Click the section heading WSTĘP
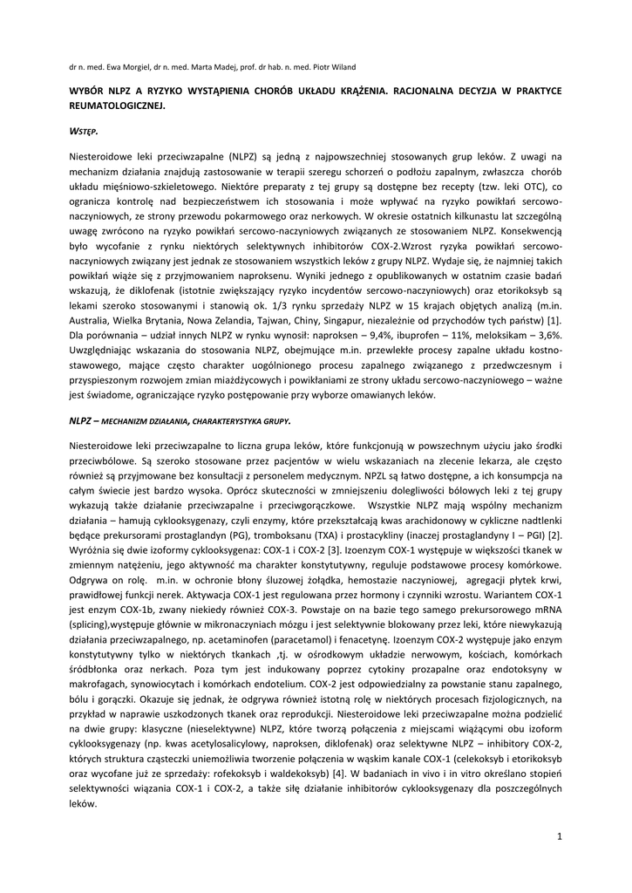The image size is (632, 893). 84,131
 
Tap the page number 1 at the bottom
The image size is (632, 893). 559,837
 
